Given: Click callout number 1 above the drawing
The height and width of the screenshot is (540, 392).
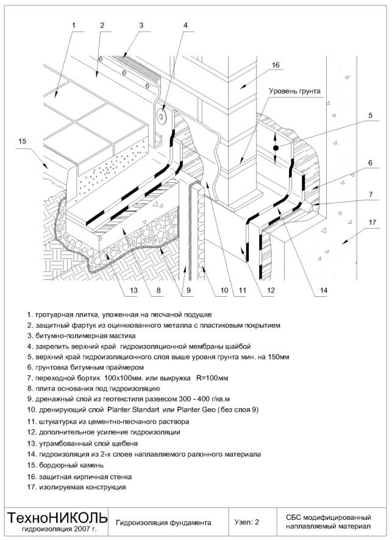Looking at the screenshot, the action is click(73, 25).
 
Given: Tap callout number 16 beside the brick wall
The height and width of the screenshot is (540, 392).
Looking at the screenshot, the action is click(276, 65).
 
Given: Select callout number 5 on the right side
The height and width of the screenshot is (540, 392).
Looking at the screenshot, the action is click(370, 115).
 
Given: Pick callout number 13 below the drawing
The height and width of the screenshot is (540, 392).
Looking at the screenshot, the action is click(134, 290).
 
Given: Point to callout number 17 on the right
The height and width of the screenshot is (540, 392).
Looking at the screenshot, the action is click(372, 222).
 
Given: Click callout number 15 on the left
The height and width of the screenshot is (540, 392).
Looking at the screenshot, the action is click(22, 141).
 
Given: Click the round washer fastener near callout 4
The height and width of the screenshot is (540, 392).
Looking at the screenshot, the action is click(161, 116).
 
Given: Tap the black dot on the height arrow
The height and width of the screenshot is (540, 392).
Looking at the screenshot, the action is click(275, 148).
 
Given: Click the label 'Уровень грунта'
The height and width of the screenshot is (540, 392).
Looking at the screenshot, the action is click(294, 91).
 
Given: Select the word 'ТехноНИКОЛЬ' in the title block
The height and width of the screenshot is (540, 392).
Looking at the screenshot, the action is click(57, 517).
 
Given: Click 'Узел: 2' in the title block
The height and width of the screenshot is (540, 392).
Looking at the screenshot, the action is click(247, 522).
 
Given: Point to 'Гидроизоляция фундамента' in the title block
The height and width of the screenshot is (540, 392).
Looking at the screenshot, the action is click(163, 523).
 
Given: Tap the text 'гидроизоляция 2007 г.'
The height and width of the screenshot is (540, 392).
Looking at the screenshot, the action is click(59, 528).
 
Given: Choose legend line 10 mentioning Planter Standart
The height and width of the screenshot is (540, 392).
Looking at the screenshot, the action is click(143, 410).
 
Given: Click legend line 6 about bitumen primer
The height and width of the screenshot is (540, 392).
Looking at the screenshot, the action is click(85, 368).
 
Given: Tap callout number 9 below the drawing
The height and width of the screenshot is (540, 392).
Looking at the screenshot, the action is click(188, 290).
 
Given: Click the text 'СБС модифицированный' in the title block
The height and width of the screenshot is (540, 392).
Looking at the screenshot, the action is click(328, 517).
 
